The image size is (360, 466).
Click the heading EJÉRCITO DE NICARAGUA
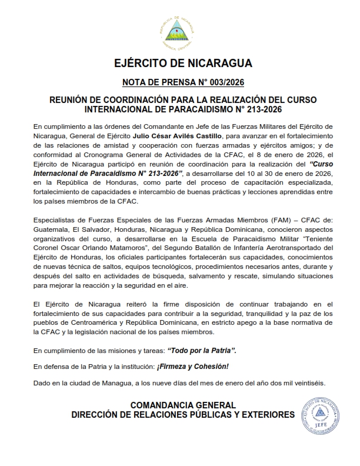point(180,64)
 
